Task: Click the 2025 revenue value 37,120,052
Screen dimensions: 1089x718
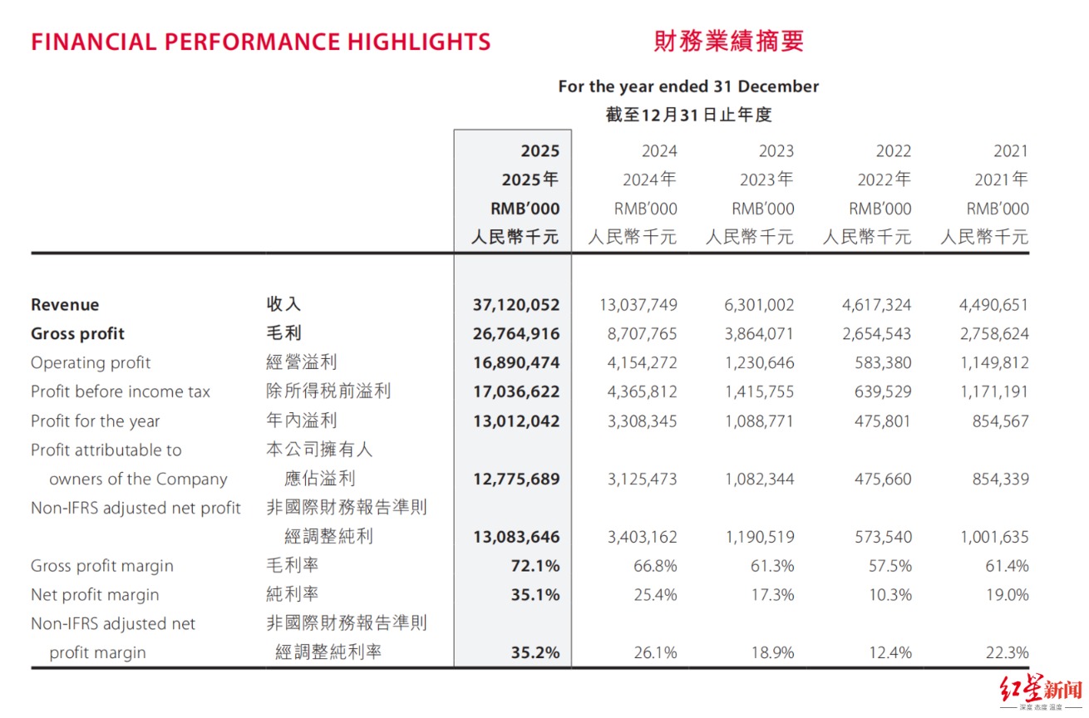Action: tap(516, 305)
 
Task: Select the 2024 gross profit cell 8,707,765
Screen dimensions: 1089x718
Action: tap(642, 334)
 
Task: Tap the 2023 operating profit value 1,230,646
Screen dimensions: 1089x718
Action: tap(759, 362)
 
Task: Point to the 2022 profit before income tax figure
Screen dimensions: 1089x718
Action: tap(883, 391)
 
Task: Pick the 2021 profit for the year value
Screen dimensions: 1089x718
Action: tap(1001, 421)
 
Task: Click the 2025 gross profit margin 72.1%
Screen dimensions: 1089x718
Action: tap(535, 566)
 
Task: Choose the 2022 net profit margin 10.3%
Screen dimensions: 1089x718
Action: tap(890, 595)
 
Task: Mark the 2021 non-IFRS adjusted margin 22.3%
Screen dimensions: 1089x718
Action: tap(1008, 652)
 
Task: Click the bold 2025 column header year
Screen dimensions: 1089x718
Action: tap(540, 150)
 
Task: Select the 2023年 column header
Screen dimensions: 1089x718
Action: tap(766, 179)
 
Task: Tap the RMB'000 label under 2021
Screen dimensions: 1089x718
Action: tap(998, 209)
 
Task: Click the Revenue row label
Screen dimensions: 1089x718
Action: tap(65, 305)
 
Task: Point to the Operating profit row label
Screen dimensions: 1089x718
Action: tap(91, 362)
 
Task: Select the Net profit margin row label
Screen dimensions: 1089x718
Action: tap(95, 595)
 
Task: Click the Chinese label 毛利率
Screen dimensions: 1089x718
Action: tap(292, 565)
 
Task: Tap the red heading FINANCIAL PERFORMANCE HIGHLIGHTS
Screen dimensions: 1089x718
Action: tap(260, 42)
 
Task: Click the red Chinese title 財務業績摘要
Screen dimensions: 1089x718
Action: tap(729, 42)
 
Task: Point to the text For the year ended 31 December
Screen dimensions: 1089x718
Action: tap(688, 86)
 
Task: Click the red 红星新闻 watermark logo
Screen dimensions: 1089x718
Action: tap(1041, 691)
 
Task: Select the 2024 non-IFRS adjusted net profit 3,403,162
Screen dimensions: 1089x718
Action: tap(643, 537)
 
